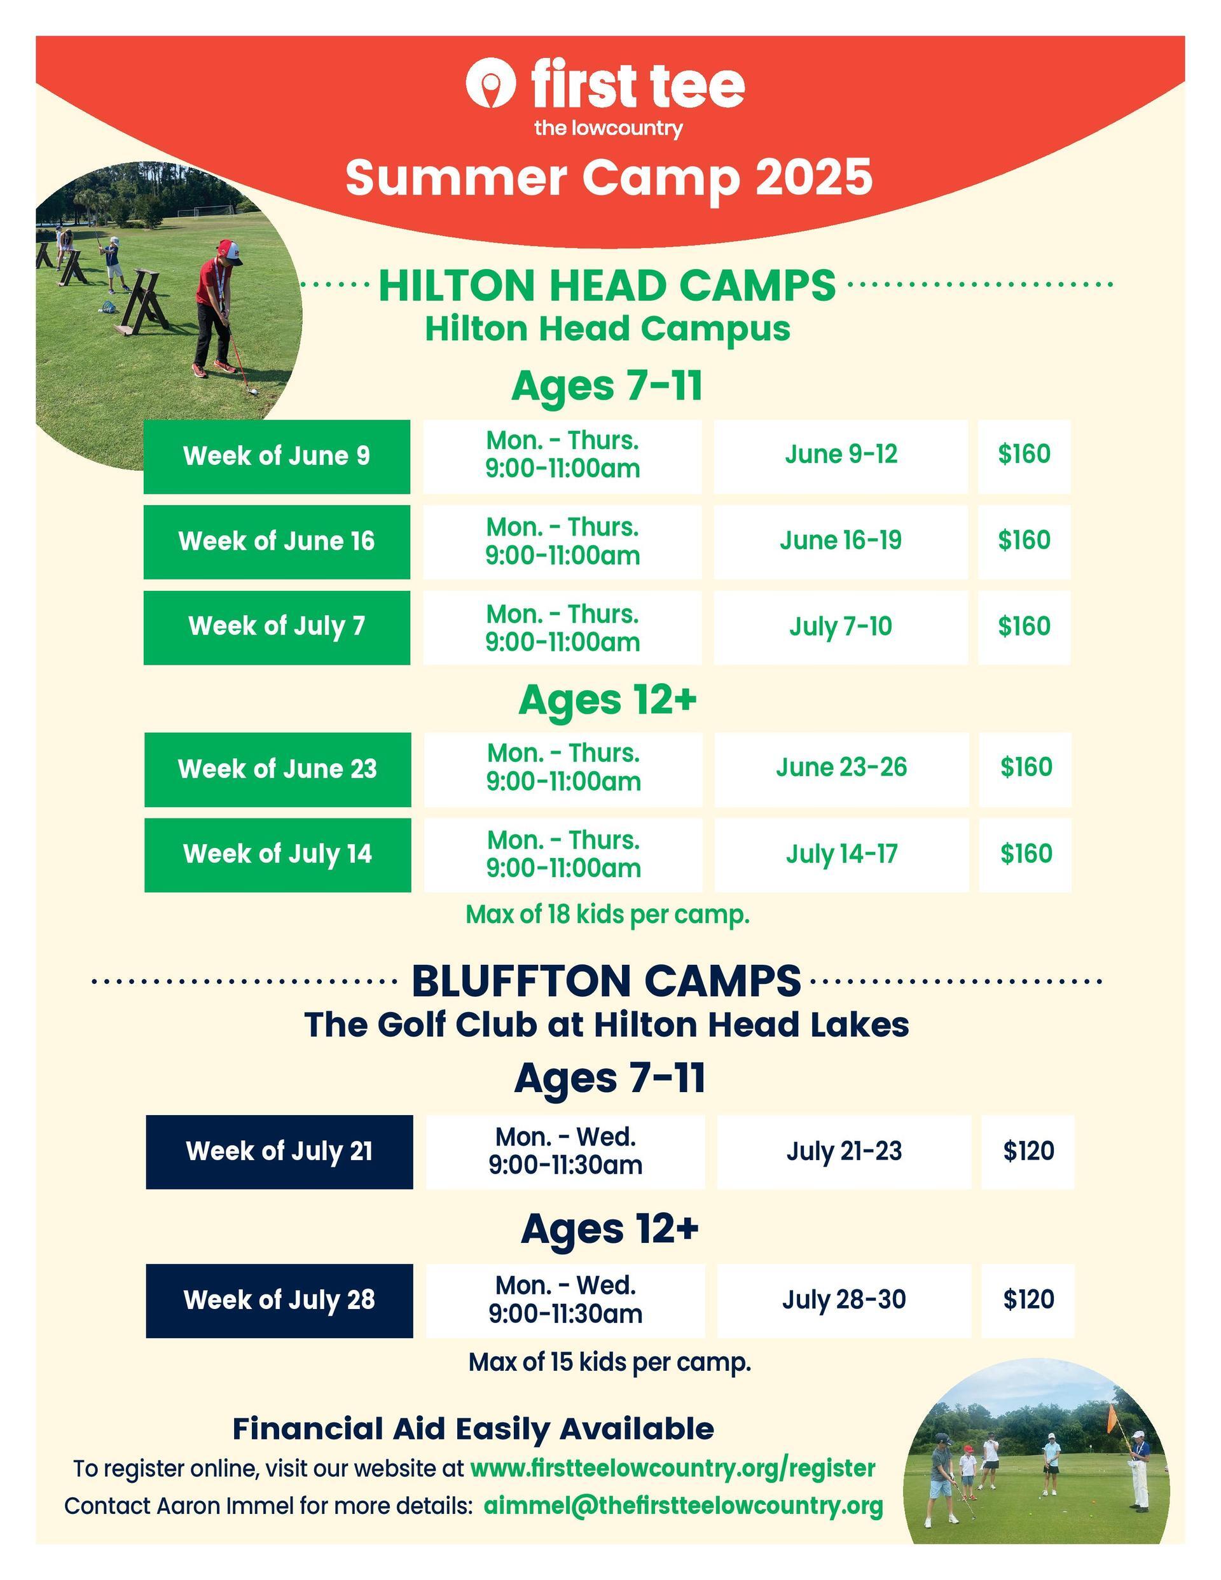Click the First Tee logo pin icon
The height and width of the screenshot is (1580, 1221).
[x=490, y=83]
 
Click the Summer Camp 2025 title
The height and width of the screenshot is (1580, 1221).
[x=609, y=177]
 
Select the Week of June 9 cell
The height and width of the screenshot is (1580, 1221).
[x=277, y=457]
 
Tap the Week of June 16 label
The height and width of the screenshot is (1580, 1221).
[x=277, y=541]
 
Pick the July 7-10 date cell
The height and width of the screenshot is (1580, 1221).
[x=841, y=627]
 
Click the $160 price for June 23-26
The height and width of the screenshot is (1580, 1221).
[x=1026, y=768]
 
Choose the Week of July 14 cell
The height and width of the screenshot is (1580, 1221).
[x=278, y=854]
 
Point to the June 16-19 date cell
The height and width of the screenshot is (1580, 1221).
[x=841, y=542]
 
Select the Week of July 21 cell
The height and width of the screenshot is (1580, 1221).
[x=279, y=1153]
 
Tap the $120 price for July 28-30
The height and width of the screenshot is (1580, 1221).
[x=1028, y=1300]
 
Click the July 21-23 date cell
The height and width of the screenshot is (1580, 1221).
[x=844, y=1153]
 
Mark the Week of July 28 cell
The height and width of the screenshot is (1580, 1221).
[x=279, y=1301]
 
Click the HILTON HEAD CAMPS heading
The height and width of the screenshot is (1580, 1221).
[x=607, y=285]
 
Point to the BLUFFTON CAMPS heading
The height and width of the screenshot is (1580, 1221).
[x=606, y=981]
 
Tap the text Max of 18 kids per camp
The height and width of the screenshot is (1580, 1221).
[x=607, y=915]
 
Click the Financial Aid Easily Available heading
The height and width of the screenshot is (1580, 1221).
[x=473, y=1429]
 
